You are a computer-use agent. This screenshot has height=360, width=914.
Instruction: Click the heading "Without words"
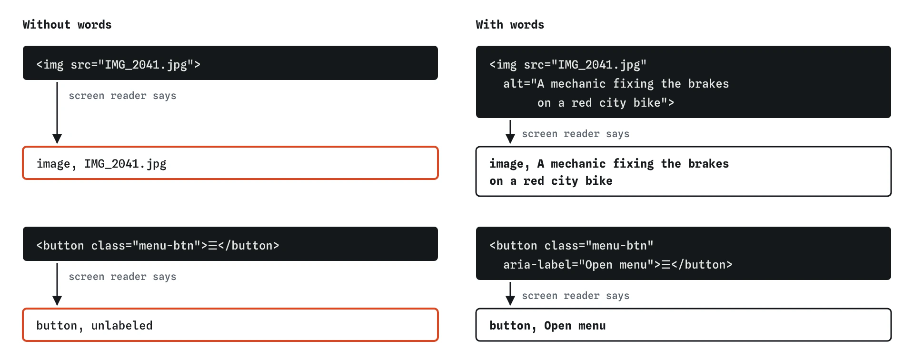click(67, 25)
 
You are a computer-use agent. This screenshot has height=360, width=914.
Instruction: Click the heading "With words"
click(510, 25)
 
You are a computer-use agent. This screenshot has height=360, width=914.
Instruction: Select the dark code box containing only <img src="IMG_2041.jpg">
click(230, 63)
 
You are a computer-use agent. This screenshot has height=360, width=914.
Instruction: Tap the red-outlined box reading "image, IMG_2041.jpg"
click(230, 163)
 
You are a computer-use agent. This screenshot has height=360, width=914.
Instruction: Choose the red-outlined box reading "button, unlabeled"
click(230, 325)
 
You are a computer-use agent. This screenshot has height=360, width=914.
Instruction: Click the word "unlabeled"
click(122, 326)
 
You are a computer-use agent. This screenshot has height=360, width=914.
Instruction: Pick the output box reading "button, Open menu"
click(684, 325)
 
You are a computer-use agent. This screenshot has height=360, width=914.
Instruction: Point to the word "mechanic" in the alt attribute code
click(578, 84)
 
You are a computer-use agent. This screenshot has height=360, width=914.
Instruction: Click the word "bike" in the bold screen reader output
click(599, 181)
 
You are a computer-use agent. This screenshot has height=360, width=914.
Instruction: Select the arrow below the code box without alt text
click(57, 112)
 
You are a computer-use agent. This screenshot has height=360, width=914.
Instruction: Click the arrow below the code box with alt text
click(510, 131)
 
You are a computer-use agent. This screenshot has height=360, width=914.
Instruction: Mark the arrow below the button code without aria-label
click(57, 284)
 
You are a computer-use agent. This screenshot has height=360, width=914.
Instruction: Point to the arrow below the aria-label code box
click(510, 293)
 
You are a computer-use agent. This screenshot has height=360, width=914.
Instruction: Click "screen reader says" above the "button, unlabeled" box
click(122, 277)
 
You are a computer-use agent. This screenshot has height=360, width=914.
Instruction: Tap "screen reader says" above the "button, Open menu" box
click(576, 296)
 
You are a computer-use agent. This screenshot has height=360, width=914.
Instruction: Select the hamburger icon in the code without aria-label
click(213, 246)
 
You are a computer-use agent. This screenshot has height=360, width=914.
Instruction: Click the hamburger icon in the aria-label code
click(666, 265)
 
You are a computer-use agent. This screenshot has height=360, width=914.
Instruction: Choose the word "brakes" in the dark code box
click(708, 84)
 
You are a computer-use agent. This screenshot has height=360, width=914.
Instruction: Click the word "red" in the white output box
click(534, 181)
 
